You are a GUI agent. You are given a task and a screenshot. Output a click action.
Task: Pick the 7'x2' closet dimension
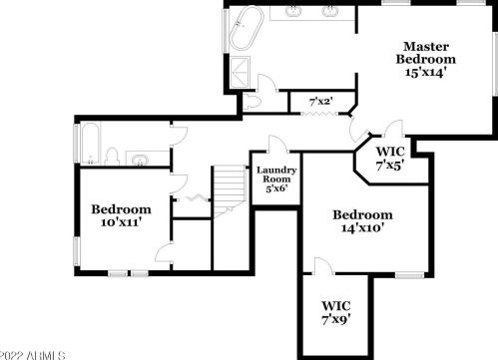[320, 101]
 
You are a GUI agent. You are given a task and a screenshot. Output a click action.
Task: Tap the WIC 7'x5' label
[389, 159]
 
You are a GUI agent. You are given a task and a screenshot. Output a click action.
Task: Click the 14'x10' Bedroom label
[362, 220]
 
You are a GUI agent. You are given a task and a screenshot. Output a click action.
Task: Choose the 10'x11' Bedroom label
[121, 215]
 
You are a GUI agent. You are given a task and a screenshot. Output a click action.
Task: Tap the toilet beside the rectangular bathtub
[113, 157]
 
